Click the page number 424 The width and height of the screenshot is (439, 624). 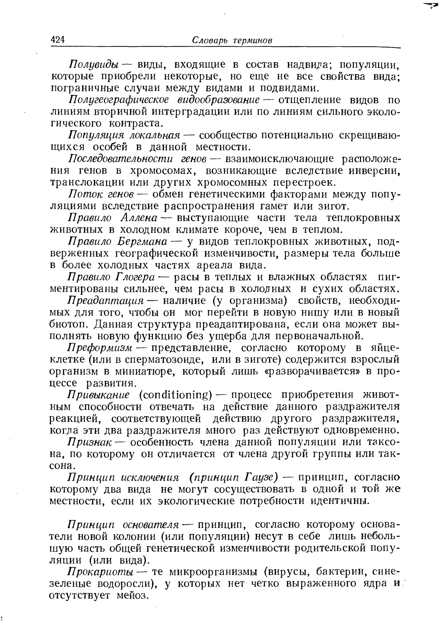(x=58, y=40)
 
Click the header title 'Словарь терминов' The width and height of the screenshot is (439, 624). (x=232, y=40)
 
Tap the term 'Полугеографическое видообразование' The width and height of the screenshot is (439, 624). (x=165, y=100)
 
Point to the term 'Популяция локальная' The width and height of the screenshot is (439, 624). (x=124, y=135)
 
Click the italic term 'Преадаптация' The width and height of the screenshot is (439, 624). (x=105, y=301)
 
